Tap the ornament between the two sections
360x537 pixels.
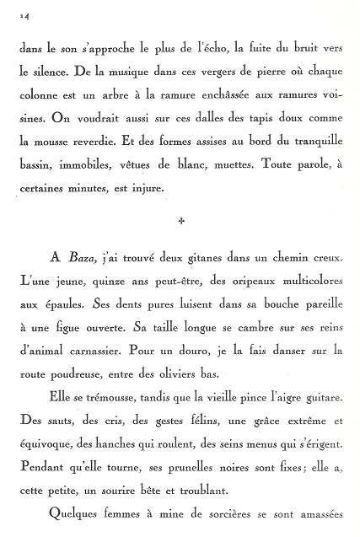[180, 223]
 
